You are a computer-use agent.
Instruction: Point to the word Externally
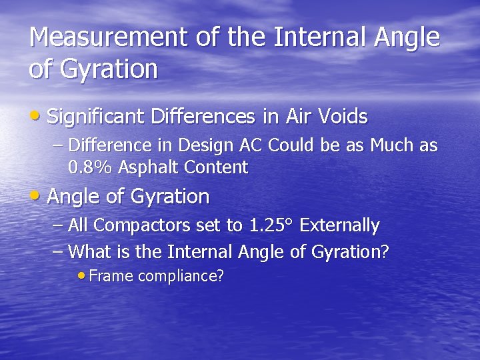coord(340,226)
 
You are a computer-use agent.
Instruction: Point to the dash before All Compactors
coord(58,226)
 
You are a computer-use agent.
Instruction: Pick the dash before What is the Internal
coord(58,252)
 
